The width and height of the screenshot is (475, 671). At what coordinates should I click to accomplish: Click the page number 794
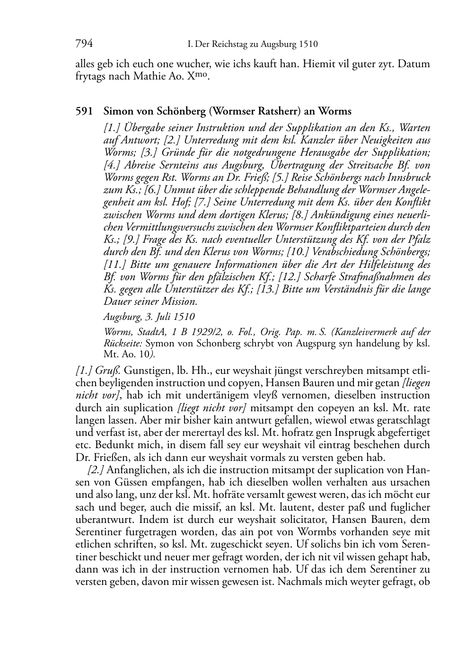click(84, 44)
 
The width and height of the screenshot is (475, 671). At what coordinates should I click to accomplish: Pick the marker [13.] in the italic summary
click(266, 289)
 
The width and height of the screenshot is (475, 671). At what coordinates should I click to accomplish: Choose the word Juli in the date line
click(158, 316)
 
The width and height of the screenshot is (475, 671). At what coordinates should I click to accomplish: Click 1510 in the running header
click(308, 45)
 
